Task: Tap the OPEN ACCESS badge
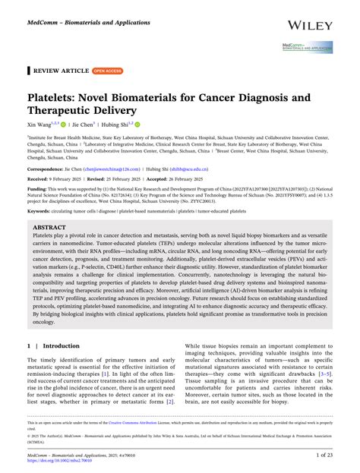(108, 71)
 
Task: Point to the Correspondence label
(46, 169)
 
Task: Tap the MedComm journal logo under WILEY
(308, 47)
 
